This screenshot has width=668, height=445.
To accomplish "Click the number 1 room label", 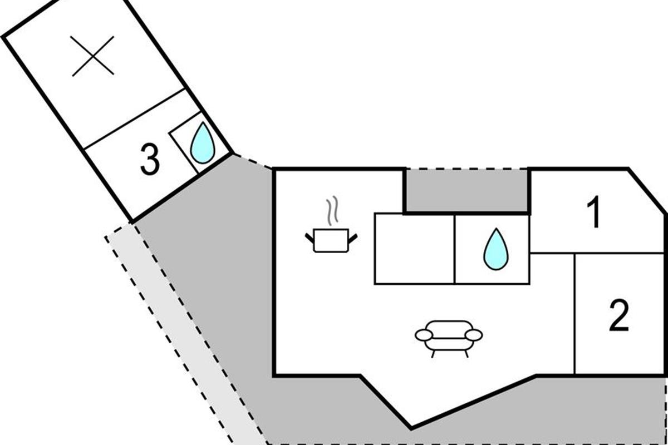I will [x=595, y=214].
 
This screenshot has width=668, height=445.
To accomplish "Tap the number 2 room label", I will [x=618, y=315].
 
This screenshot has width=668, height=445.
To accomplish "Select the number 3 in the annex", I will [x=149, y=160].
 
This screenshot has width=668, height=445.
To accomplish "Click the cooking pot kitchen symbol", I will [x=331, y=240].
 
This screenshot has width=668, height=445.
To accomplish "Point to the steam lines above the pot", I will [x=332, y=211].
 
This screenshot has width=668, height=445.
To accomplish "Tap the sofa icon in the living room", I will [x=449, y=337].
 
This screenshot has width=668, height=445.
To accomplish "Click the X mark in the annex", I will [x=93, y=56].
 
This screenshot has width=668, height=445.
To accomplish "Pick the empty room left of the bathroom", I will [x=414, y=249].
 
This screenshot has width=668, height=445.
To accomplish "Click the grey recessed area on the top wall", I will [x=466, y=190].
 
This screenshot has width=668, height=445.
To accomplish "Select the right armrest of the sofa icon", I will [x=474, y=334].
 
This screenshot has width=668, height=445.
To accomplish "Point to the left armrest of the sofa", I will [x=424, y=335].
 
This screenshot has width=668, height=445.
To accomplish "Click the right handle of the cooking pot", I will [x=353, y=239].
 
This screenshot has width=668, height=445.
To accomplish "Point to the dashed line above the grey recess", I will [x=466, y=169].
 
